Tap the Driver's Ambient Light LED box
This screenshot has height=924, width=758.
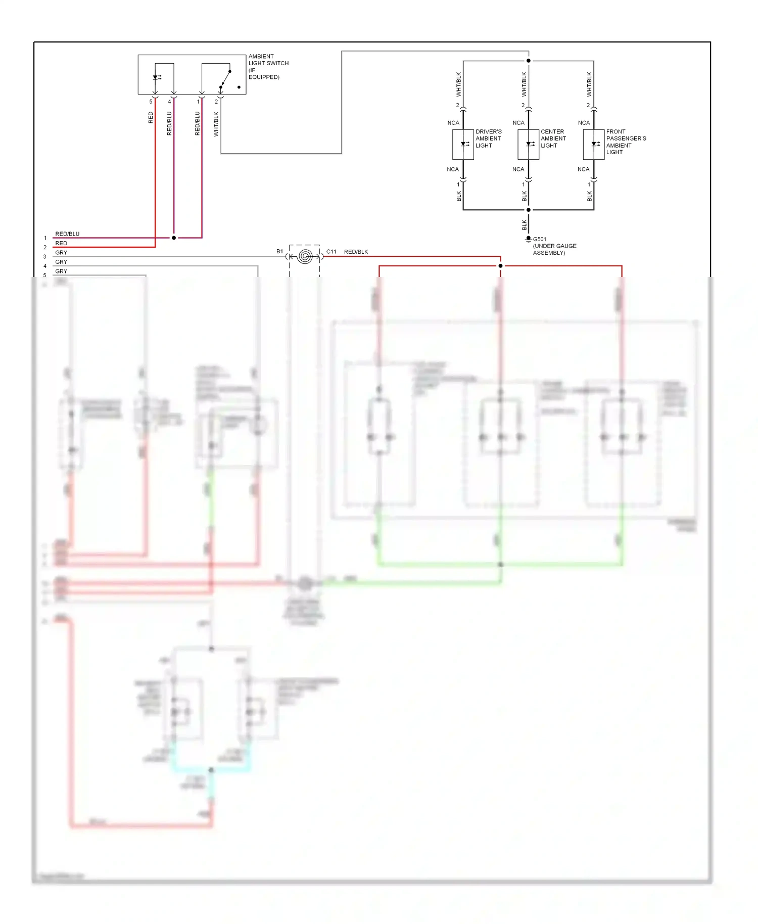463,145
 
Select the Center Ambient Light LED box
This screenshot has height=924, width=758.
528,145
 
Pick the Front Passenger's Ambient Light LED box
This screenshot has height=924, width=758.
593,145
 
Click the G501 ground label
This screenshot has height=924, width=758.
540,239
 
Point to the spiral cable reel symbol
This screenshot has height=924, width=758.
305,256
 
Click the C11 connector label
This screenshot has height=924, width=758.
331,252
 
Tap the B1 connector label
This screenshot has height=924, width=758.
279,251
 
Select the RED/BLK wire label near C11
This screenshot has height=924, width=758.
356,252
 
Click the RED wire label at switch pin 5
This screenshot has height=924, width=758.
151,118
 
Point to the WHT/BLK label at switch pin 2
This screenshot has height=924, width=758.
216,124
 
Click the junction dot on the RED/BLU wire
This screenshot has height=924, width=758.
174,238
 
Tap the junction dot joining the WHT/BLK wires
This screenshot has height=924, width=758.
529,61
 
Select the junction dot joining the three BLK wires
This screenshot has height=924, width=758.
529,210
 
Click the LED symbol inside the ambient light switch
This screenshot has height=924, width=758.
156,77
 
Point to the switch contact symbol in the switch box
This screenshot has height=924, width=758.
225,79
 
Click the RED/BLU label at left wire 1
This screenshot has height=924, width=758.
67,234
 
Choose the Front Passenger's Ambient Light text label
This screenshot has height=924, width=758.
626,142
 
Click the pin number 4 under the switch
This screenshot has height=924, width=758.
169,102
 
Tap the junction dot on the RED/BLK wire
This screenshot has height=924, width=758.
500,266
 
